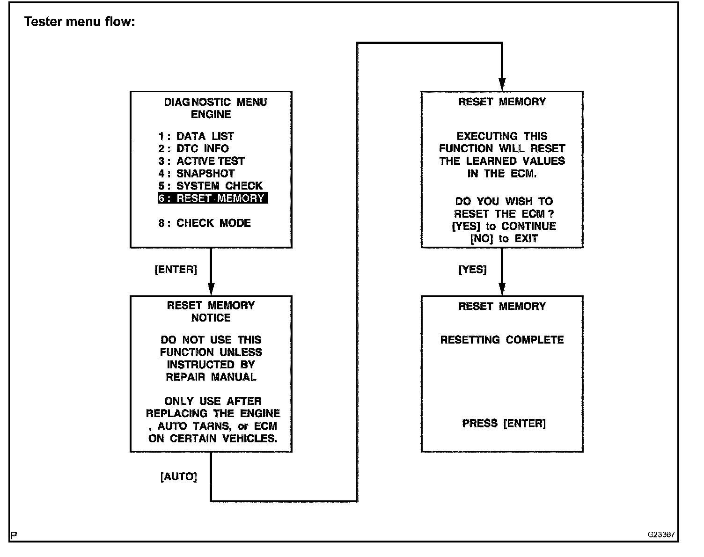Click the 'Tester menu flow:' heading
pos(80,22)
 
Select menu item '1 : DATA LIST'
pos(196,136)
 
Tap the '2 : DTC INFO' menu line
pos(194,149)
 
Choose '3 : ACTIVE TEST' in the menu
pos(202,161)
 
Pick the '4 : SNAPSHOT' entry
pos(197,174)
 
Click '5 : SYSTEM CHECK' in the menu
pos(211,186)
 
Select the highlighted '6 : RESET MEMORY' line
pos(213,198)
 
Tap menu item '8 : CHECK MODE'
pos(205,223)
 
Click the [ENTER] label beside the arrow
pos(176,270)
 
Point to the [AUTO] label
pos(179,477)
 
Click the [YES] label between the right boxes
pos(473,270)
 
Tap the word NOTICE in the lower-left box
pos(211,318)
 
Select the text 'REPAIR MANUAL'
pos(211,377)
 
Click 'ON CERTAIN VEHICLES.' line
pos(213,439)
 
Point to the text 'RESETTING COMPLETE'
pos(502,340)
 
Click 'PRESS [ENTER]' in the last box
pos(504,424)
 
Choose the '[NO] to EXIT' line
pos(504,239)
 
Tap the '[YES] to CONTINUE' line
pos(504,226)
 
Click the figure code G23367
pos(661,535)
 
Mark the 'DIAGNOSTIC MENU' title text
pos(216,102)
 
